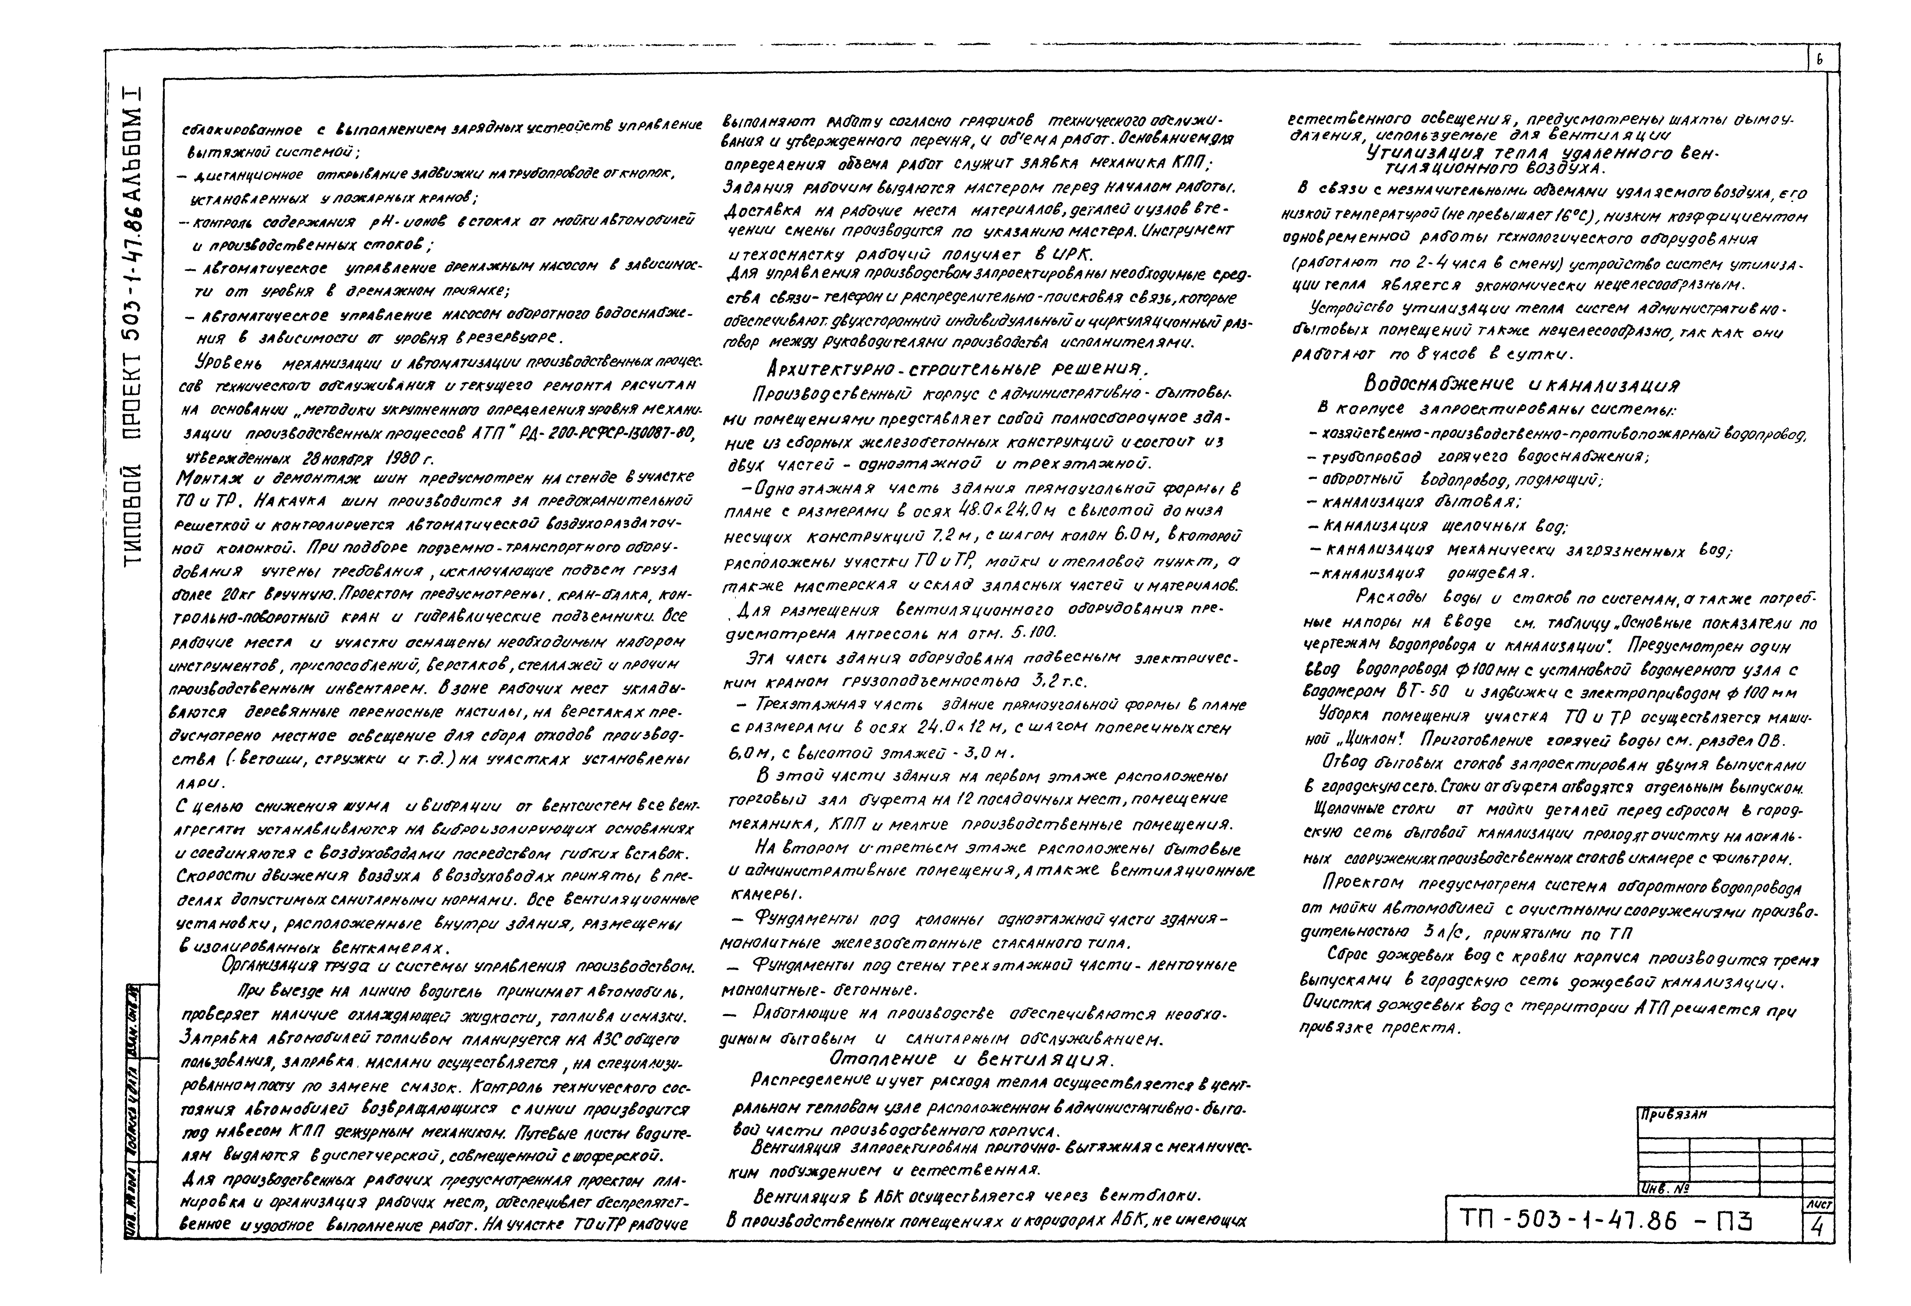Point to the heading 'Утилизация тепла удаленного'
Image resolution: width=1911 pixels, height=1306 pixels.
click(x=1543, y=154)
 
